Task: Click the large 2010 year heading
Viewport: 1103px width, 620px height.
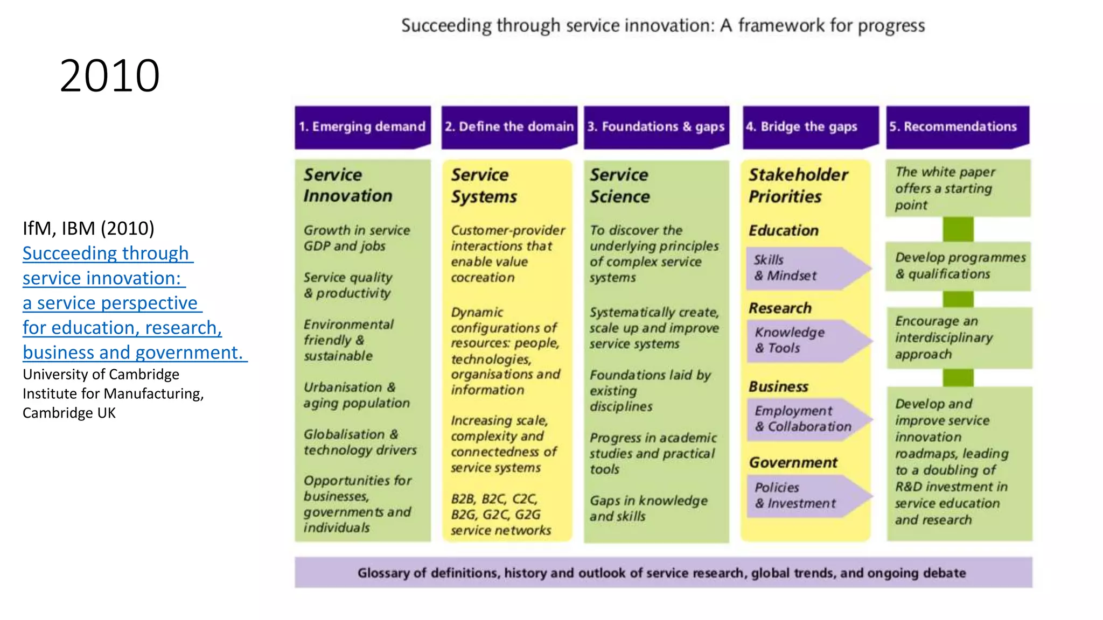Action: click(x=109, y=76)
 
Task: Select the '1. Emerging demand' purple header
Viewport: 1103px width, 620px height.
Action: click(x=362, y=127)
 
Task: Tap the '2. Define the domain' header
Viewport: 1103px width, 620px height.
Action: click(x=509, y=127)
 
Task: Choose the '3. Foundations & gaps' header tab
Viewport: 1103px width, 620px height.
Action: click(x=656, y=127)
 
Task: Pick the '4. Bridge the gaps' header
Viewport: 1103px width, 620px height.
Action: click(x=802, y=127)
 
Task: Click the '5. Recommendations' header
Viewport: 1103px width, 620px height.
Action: click(x=953, y=127)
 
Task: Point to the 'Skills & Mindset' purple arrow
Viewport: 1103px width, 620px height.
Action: click(x=802, y=268)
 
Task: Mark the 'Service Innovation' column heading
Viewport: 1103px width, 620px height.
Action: click(x=347, y=185)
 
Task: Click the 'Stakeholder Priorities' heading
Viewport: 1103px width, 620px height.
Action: click(x=798, y=185)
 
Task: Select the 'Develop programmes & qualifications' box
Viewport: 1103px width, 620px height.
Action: click(x=959, y=266)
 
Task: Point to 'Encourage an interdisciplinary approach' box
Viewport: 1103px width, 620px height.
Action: click(x=959, y=337)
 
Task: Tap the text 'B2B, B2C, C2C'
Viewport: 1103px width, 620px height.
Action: click(x=494, y=499)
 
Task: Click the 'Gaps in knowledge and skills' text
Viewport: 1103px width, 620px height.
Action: click(x=648, y=508)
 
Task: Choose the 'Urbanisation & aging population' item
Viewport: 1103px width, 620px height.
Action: click(x=357, y=395)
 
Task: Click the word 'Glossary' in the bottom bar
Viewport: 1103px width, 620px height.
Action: click(x=383, y=573)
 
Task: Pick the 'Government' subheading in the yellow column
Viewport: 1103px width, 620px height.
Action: click(x=793, y=462)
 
